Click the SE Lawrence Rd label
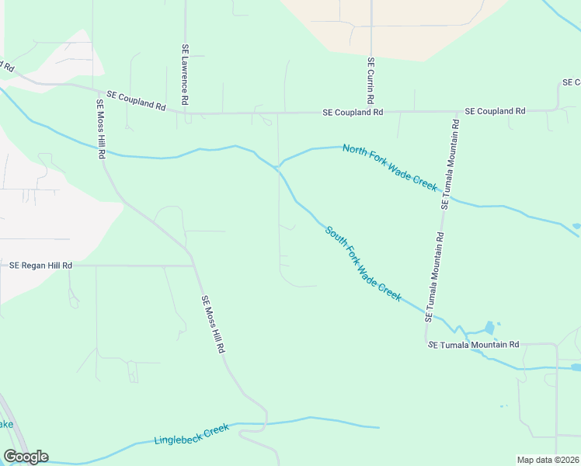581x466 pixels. (185, 74)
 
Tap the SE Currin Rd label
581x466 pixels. (371, 81)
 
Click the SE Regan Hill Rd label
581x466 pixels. (40, 266)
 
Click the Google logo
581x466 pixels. (26, 457)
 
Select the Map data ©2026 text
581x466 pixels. (548, 460)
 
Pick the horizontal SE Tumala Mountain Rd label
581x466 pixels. (473, 344)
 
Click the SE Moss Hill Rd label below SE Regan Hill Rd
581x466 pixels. (212, 324)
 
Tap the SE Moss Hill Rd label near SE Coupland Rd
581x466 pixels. (100, 129)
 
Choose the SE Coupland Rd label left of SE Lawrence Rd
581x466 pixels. (136, 100)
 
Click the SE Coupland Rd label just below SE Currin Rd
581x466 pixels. (353, 113)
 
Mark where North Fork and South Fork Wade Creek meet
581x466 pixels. (277, 168)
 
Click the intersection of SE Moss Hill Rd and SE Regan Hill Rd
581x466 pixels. (193, 266)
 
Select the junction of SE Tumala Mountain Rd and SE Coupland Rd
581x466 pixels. (455, 112)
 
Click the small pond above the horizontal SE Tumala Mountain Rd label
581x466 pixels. (489, 328)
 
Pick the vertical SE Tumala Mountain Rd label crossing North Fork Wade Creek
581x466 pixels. (450, 165)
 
